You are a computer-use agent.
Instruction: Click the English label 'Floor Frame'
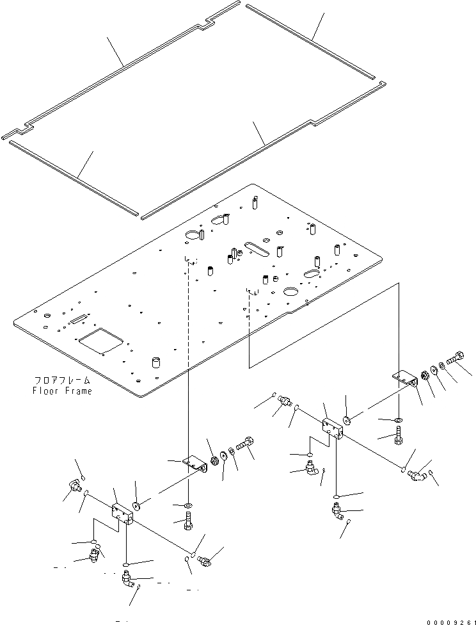coord(61,391)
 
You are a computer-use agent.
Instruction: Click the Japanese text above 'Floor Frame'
coord(61,380)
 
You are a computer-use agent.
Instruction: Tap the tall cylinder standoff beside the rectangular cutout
coord(155,363)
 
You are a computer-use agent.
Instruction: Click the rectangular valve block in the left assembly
coord(122,513)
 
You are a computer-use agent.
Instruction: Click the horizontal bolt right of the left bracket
coord(246,444)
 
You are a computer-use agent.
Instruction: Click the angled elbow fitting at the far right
coord(418,475)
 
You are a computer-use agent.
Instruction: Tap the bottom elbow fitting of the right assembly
coord(337,512)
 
